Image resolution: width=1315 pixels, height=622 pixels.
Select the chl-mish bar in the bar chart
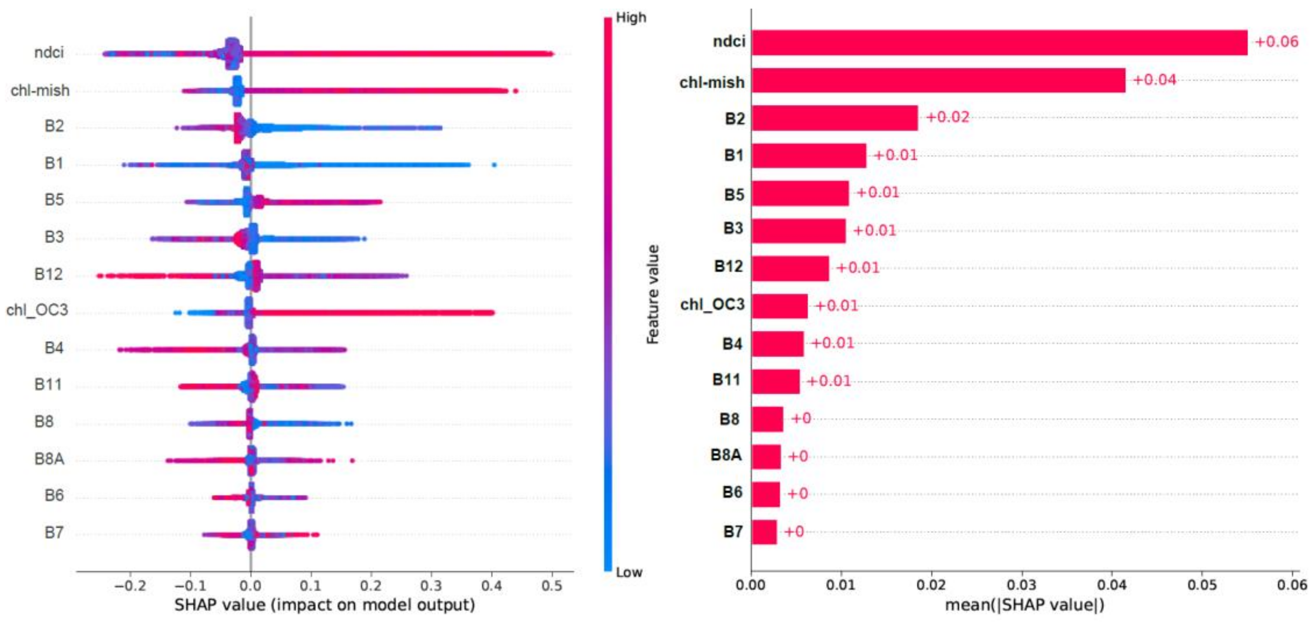[x=938, y=80]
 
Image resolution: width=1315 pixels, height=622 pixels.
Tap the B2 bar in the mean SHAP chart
[x=835, y=118]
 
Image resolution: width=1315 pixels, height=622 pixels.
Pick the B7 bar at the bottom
[x=764, y=532]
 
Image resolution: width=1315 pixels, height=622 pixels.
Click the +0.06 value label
[x=1276, y=42]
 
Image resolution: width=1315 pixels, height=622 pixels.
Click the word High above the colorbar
[x=631, y=17]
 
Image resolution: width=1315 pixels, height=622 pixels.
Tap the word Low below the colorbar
[x=629, y=572]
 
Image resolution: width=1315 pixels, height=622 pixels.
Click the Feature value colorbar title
[x=653, y=294]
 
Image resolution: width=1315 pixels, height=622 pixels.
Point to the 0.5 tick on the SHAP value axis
[x=552, y=585]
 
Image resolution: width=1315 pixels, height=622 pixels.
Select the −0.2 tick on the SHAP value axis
[x=130, y=585]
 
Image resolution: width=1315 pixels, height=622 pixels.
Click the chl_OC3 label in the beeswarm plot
[x=37, y=310]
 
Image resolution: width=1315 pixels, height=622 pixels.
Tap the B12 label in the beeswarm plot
[x=48, y=274]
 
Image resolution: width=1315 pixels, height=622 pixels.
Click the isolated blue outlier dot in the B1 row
[x=494, y=165]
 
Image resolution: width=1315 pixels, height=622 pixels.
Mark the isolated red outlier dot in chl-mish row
[x=516, y=91]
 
